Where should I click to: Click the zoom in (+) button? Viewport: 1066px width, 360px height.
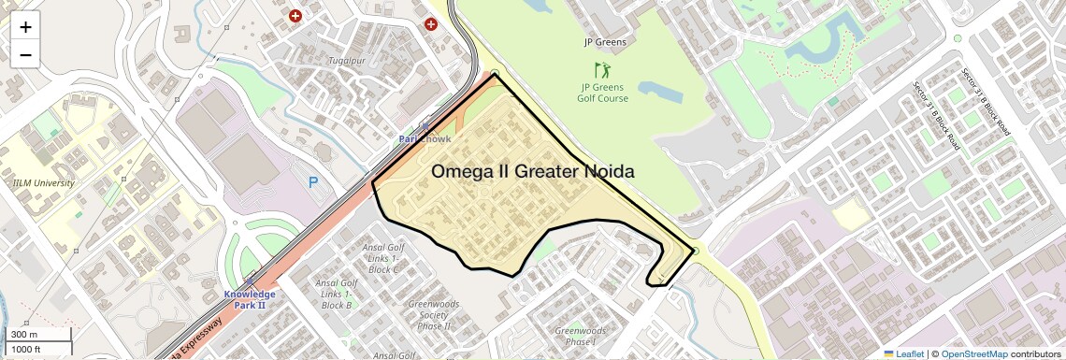(25, 26)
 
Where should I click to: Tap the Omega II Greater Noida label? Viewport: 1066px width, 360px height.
(533, 172)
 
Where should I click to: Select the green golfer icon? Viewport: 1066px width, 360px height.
(602, 70)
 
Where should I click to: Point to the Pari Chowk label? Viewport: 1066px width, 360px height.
(425, 138)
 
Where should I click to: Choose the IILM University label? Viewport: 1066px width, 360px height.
(44, 183)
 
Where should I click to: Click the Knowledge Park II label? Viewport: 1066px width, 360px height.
(250, 299)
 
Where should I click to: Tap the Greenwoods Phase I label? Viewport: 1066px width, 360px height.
(581, 337)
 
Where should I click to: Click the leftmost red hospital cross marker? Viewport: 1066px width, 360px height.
(295, 16)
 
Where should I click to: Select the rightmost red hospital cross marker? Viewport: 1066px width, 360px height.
(431, 23)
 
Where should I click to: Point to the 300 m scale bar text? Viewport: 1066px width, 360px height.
(24, 335)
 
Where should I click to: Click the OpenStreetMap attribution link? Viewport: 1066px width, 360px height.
(973, 353)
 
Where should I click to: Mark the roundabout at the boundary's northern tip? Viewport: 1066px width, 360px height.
(495, 73)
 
